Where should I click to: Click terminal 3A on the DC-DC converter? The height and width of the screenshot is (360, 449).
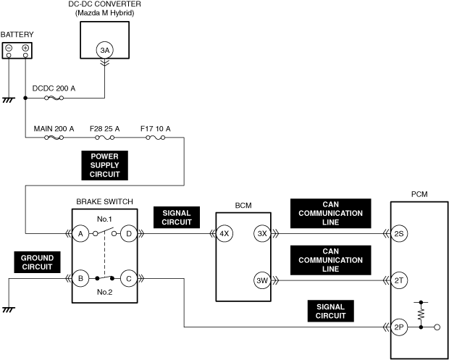pyautogui.click(x=104, y=50)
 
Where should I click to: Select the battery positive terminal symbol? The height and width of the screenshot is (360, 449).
pyautogui.click(x=25, y=48)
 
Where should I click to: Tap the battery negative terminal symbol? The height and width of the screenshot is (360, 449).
pyautogui.click(x=9, y=48)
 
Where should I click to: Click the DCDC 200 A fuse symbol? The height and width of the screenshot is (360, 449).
pyautogui.click(x=54, y=98)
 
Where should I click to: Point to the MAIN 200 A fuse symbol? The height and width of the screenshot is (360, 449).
pyautogui.click(x=54, y=138)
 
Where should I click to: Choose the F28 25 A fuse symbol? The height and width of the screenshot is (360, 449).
pyautogui.click(x=104, y=138)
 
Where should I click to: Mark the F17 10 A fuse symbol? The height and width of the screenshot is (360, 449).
pyautogui.click(x=155, y=138)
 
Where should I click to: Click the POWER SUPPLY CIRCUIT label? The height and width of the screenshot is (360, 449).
pyautogui.click(x=104, y=165)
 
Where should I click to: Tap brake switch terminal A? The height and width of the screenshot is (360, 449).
pyautogui.click(x=81, y=233)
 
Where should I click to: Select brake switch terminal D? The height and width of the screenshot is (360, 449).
pyautogui.click(x=129, y=233)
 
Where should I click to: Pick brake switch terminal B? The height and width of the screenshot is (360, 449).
pyautogui.click(x=81, y=278)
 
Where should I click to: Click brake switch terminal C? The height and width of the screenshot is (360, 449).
pyautogui.click(x=129, y=278)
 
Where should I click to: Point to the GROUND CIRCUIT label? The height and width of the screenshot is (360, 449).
pyautogui.click(x=37, y=262)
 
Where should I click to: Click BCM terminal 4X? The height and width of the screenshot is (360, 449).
pyautogui.click(x=224, y=233)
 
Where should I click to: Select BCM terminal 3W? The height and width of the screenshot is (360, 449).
pyautogui.click(x=262, y=280)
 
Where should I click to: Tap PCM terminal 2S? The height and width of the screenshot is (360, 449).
pyautogui.click(x=399, y=233)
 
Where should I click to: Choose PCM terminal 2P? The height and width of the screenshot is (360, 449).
pyautogui.click(x=399, y=327)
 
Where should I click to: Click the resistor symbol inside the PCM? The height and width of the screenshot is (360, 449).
pyautogui.click(x=421, y=315)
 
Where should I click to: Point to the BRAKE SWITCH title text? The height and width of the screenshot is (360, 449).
pyautogui.click(x=104, y=201)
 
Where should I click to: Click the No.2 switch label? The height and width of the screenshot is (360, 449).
pyautogui.click(x=104, y=292)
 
